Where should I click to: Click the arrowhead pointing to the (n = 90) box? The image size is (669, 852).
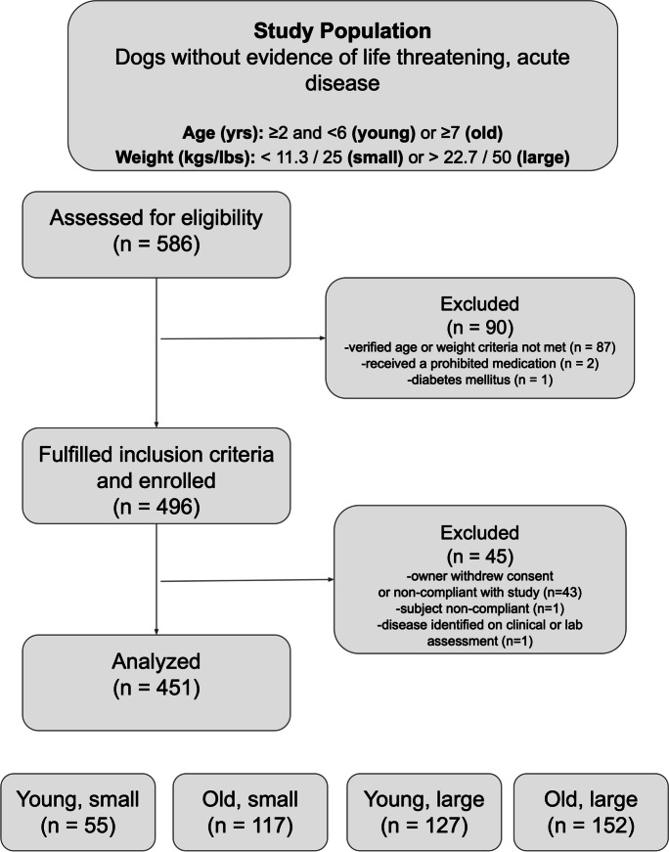[x=321, y=339]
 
